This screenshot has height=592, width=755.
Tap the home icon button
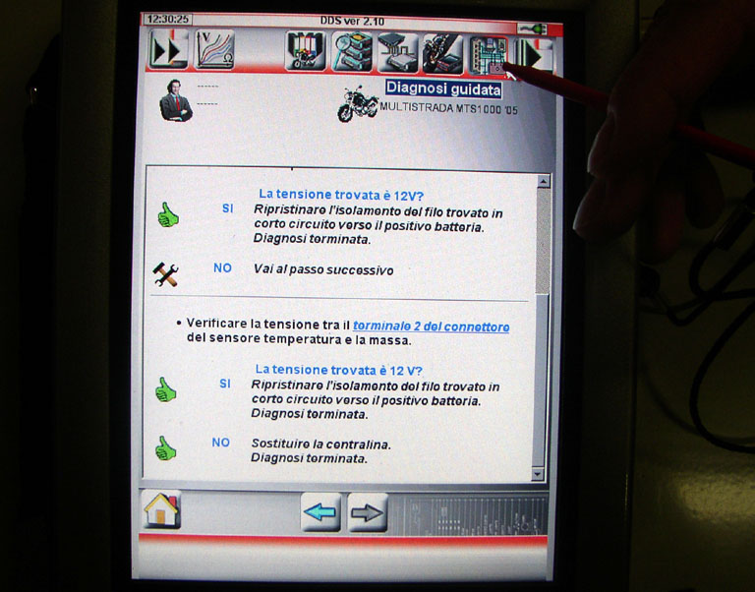tap(162, 509)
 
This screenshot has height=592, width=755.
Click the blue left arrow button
tap(320, 512)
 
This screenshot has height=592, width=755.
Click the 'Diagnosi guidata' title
tap(443, 89)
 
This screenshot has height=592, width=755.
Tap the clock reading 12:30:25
tap(167, 20)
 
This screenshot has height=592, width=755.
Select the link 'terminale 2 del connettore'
tap(431, 326)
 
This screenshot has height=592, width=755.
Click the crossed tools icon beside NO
tap(165, 274)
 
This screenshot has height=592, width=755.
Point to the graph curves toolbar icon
tap(214, 48)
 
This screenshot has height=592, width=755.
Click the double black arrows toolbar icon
tap(168, 48)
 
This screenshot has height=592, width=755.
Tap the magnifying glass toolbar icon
tap(353, 51)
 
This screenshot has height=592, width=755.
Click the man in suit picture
tap(176, 100)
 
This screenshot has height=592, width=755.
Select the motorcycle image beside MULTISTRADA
tap(358, 103)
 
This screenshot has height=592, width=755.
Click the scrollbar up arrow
tap(543, 181)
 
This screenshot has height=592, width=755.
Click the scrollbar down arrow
tap(538, 474)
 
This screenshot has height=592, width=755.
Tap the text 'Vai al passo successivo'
tap(323, 269)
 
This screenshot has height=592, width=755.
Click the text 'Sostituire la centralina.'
tap(321, 444)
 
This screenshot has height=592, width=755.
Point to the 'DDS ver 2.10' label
tap(353, 22)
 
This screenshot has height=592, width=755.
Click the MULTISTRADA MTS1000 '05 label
tap(448, 108)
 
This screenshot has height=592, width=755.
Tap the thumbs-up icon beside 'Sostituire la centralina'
tap(165, 448)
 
